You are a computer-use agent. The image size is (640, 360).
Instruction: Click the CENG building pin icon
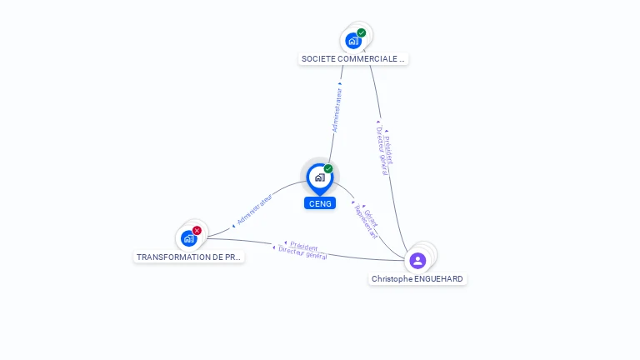(318, 177)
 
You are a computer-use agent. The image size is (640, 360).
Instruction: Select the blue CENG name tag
(319, 203)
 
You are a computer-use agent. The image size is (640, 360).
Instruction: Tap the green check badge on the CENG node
(328, 169)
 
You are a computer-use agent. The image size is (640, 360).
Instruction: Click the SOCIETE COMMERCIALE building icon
(353, 40)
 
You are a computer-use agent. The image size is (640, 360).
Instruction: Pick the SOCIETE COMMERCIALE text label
(353, 59)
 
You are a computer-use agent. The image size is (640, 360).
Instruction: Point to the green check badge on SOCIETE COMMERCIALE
(362, 32)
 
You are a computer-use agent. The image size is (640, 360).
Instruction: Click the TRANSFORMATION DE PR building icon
(189, 238)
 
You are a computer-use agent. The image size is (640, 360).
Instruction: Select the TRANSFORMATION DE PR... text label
(189, 257)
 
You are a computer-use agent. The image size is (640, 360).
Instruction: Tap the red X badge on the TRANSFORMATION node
(197, 231)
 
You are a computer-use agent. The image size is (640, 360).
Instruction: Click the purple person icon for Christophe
(417, 260)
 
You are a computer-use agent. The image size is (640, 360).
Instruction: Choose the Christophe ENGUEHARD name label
(417, 279)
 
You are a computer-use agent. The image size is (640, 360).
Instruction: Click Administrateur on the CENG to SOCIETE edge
(337, 110)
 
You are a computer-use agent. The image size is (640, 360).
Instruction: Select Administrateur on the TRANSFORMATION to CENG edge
(255, 210)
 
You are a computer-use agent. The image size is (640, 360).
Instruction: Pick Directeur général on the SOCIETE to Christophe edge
(382, 152)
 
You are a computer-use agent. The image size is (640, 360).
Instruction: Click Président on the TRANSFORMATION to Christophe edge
(303, 247)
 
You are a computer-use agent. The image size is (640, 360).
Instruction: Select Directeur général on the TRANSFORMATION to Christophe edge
(302, 253)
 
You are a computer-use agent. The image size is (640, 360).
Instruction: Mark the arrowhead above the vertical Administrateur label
(340, 83)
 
